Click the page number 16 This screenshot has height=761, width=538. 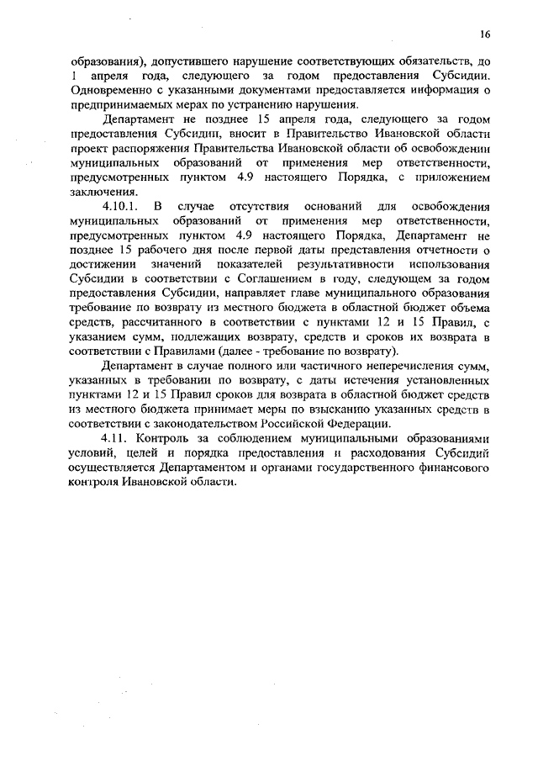pos(485,34)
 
